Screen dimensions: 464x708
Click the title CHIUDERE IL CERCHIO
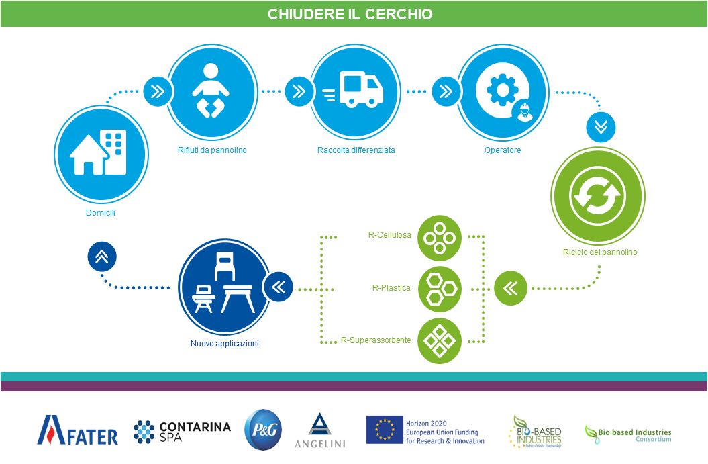point(350,14)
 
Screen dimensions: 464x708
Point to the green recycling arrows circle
point(597,195)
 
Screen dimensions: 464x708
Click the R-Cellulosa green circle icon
point(440,238)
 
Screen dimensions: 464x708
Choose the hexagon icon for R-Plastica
point(440,288)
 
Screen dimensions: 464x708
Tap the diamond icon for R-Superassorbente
point(440,340)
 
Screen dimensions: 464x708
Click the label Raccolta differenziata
point(356,150)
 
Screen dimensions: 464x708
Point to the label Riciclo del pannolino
point(600,253)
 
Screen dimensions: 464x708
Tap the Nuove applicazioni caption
point(224,344)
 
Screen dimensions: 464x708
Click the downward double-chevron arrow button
point(601,126)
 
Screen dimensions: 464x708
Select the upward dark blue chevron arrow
point(102,256)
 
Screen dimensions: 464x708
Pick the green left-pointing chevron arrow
point(509,289)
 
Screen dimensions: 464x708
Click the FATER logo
point(77,430)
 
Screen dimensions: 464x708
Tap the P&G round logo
point(262,430)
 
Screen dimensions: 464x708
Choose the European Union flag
point(384,430)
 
